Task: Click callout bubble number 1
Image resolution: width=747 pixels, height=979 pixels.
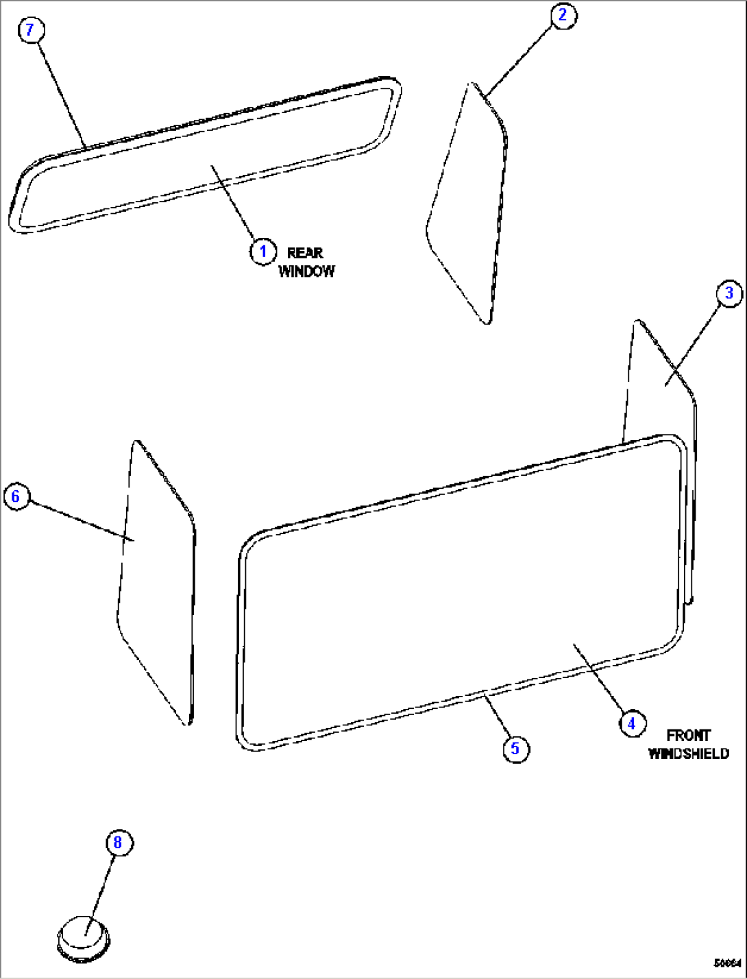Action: (x=262, y=252)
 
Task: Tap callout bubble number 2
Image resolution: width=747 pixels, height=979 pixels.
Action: (x=563, y=15)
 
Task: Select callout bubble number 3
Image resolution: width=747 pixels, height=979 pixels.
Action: (x=729, y=293)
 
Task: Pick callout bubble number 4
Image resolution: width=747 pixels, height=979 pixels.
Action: (x=632, y=723)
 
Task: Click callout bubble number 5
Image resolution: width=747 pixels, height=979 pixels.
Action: (x=515, y=748)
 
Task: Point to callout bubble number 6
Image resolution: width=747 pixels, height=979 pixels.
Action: (x=16, y=496)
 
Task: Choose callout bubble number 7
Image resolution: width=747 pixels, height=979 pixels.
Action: (x=30, y=30)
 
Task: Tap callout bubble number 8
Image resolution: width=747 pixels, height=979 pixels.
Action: (x=118, y=842)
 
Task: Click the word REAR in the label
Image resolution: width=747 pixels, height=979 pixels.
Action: (x=305, y=253)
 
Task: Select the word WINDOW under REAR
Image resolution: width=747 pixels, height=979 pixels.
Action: (x=306, y=271)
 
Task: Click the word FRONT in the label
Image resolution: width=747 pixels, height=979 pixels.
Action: (x=688, y=736)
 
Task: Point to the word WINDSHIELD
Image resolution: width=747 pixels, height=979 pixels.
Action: (x=688, y=754)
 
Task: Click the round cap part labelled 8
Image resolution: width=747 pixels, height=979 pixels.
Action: (x=84, y=935)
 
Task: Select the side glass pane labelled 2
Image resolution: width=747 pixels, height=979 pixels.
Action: (x=469, y=206)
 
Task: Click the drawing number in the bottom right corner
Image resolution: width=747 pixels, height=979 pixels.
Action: (x=728, y=963)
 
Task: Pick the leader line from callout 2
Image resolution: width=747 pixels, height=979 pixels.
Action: (x=519, y=58)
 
